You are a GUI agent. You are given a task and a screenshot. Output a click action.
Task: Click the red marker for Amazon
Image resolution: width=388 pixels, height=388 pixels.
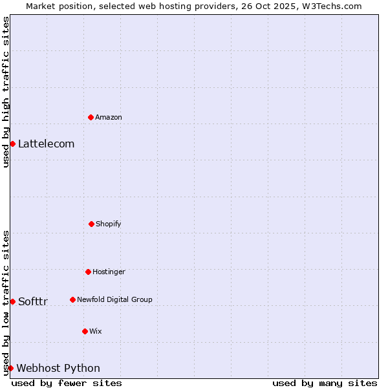91,117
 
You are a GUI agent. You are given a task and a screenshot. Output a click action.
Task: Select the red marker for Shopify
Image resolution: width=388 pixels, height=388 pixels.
91,224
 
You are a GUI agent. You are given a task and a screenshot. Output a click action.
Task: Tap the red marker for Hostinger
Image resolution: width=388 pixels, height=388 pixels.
88,272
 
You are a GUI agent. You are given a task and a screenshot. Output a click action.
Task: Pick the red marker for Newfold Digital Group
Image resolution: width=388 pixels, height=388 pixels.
72,299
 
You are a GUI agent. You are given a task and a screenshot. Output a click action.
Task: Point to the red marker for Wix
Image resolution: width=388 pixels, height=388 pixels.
85,331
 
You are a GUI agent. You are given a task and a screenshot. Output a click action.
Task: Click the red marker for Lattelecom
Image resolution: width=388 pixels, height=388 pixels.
12,144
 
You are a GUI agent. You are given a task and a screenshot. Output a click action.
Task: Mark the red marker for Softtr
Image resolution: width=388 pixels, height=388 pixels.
12,301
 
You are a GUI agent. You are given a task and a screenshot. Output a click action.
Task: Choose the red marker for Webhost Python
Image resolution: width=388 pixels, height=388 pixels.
10,368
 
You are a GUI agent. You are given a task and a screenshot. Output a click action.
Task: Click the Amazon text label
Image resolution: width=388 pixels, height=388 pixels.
109,117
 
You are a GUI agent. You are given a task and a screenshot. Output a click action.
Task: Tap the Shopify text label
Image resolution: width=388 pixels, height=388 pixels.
109,224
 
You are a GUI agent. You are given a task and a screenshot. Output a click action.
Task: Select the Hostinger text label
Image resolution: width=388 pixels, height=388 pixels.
109,272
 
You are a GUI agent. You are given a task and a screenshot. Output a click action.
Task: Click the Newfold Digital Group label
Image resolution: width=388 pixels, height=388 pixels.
114,299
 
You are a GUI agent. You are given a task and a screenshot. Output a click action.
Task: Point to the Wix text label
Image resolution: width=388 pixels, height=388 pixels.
96,331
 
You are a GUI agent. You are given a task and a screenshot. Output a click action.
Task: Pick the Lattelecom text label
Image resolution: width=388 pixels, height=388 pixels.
46,144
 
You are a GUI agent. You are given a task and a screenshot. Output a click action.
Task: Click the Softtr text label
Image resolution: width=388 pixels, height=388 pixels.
33,301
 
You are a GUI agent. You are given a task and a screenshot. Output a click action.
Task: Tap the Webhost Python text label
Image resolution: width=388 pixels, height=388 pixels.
58,368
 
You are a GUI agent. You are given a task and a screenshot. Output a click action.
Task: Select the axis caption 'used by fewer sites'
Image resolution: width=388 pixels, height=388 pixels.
67,383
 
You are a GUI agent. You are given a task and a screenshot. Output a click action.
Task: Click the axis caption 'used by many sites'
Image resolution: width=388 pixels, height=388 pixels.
325,383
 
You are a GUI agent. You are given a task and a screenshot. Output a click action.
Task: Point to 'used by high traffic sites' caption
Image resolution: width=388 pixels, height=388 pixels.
6,92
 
